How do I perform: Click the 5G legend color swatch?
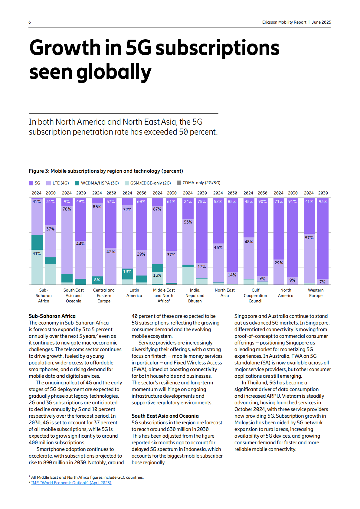31,183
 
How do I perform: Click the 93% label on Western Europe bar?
323,201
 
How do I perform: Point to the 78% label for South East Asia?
67,209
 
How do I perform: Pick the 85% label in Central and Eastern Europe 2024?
97,207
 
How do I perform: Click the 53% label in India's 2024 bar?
188,222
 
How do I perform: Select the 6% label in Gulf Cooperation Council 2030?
263,279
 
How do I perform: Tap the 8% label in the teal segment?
97,280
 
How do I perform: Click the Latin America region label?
134,293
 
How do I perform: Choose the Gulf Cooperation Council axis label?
255,295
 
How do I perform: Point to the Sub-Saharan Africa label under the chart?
44,295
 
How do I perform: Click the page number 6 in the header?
30,22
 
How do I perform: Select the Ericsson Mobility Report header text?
284,22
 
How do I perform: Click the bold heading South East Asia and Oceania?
165,416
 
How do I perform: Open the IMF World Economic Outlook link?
71,483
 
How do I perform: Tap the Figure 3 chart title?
106,171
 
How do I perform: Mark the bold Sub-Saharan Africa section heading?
52,316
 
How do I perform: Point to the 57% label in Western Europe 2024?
309,238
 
